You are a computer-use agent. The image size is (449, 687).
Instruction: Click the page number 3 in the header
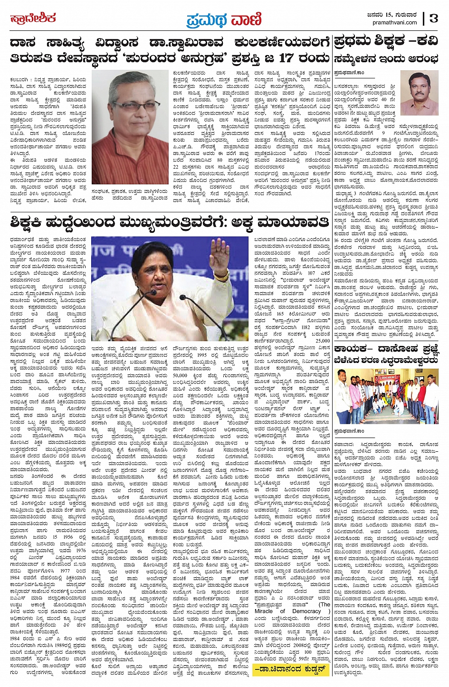pyautogui.click(x=433, y=18)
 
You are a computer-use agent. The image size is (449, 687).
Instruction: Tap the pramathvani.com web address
pyautogui.click(x=395, y=22)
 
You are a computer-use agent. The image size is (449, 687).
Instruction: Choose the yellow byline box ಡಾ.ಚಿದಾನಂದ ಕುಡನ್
pyautogui.click(x=291, y=668)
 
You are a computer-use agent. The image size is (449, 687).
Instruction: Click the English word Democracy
pyautogui.click(x=306, y=611)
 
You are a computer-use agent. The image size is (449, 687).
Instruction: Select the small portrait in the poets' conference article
pyautogui.click(x=419, y=93)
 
